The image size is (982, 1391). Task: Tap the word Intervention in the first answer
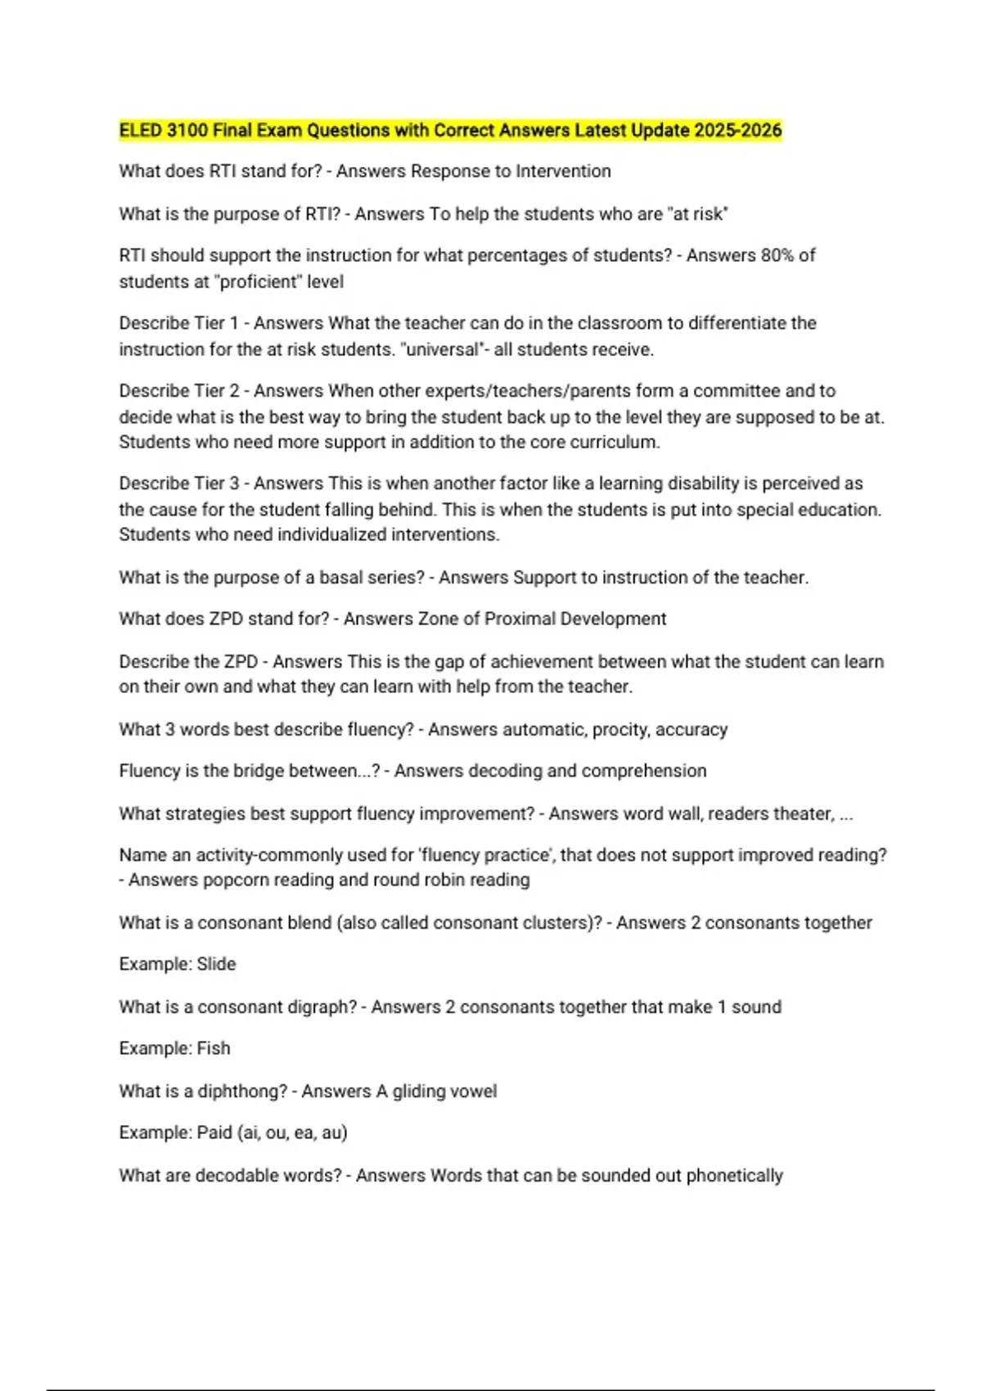coord(563,171)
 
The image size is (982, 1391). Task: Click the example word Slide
coord(216,964)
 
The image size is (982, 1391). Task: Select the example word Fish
coord(214,1048)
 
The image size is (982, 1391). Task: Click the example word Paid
coord(214,1132)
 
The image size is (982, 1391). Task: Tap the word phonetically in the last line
coord(734,1175)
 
